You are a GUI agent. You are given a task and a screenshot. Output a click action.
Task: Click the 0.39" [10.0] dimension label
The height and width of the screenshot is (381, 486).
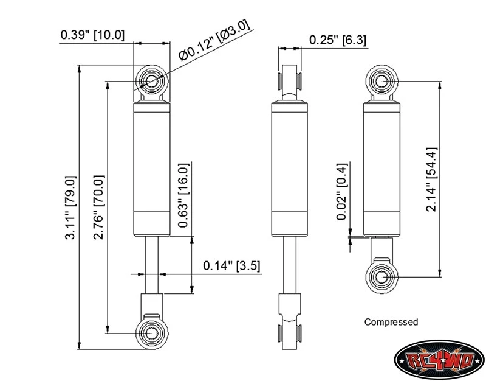pos(92,35)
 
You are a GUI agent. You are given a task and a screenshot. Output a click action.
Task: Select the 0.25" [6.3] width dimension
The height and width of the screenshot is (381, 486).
pos(338,40)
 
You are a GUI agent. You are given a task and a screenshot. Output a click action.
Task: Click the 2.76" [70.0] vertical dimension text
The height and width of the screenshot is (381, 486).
pos(99,208)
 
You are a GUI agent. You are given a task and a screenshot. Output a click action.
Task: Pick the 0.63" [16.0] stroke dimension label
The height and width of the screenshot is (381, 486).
pos(183,195)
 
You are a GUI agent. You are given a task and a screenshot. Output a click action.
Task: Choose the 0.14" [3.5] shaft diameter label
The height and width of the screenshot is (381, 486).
pos(231,266)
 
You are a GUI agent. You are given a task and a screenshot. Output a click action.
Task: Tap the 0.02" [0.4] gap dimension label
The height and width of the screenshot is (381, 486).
pos(341,192)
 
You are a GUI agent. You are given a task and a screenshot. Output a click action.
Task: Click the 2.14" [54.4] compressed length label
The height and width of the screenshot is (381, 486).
pos(431,180)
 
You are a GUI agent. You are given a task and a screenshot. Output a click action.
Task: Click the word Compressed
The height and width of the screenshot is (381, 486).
pos(391,322)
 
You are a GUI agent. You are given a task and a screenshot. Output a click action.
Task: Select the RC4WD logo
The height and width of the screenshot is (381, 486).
pos(440,360)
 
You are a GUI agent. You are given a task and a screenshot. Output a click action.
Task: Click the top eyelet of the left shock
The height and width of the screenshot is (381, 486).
pos(152,82)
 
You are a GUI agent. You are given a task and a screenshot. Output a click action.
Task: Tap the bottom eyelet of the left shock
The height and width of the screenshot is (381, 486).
pos(152,332)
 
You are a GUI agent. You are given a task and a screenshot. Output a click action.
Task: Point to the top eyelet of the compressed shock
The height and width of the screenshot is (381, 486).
pos(382,82)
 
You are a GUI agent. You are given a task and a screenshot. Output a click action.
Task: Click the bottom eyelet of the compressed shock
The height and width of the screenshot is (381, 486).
pos(382,277)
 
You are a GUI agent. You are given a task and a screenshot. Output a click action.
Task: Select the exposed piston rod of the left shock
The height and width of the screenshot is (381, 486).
pos(152,265)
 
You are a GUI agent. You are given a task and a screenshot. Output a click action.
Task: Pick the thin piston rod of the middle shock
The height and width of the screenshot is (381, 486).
pos(290,265)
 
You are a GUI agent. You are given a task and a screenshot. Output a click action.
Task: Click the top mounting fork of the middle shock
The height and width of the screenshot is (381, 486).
pos(290,83)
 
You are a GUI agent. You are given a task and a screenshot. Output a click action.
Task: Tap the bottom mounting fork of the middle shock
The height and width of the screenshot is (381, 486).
pos(290,321)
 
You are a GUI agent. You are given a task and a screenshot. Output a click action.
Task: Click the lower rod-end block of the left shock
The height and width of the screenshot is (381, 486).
pos(152,304)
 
